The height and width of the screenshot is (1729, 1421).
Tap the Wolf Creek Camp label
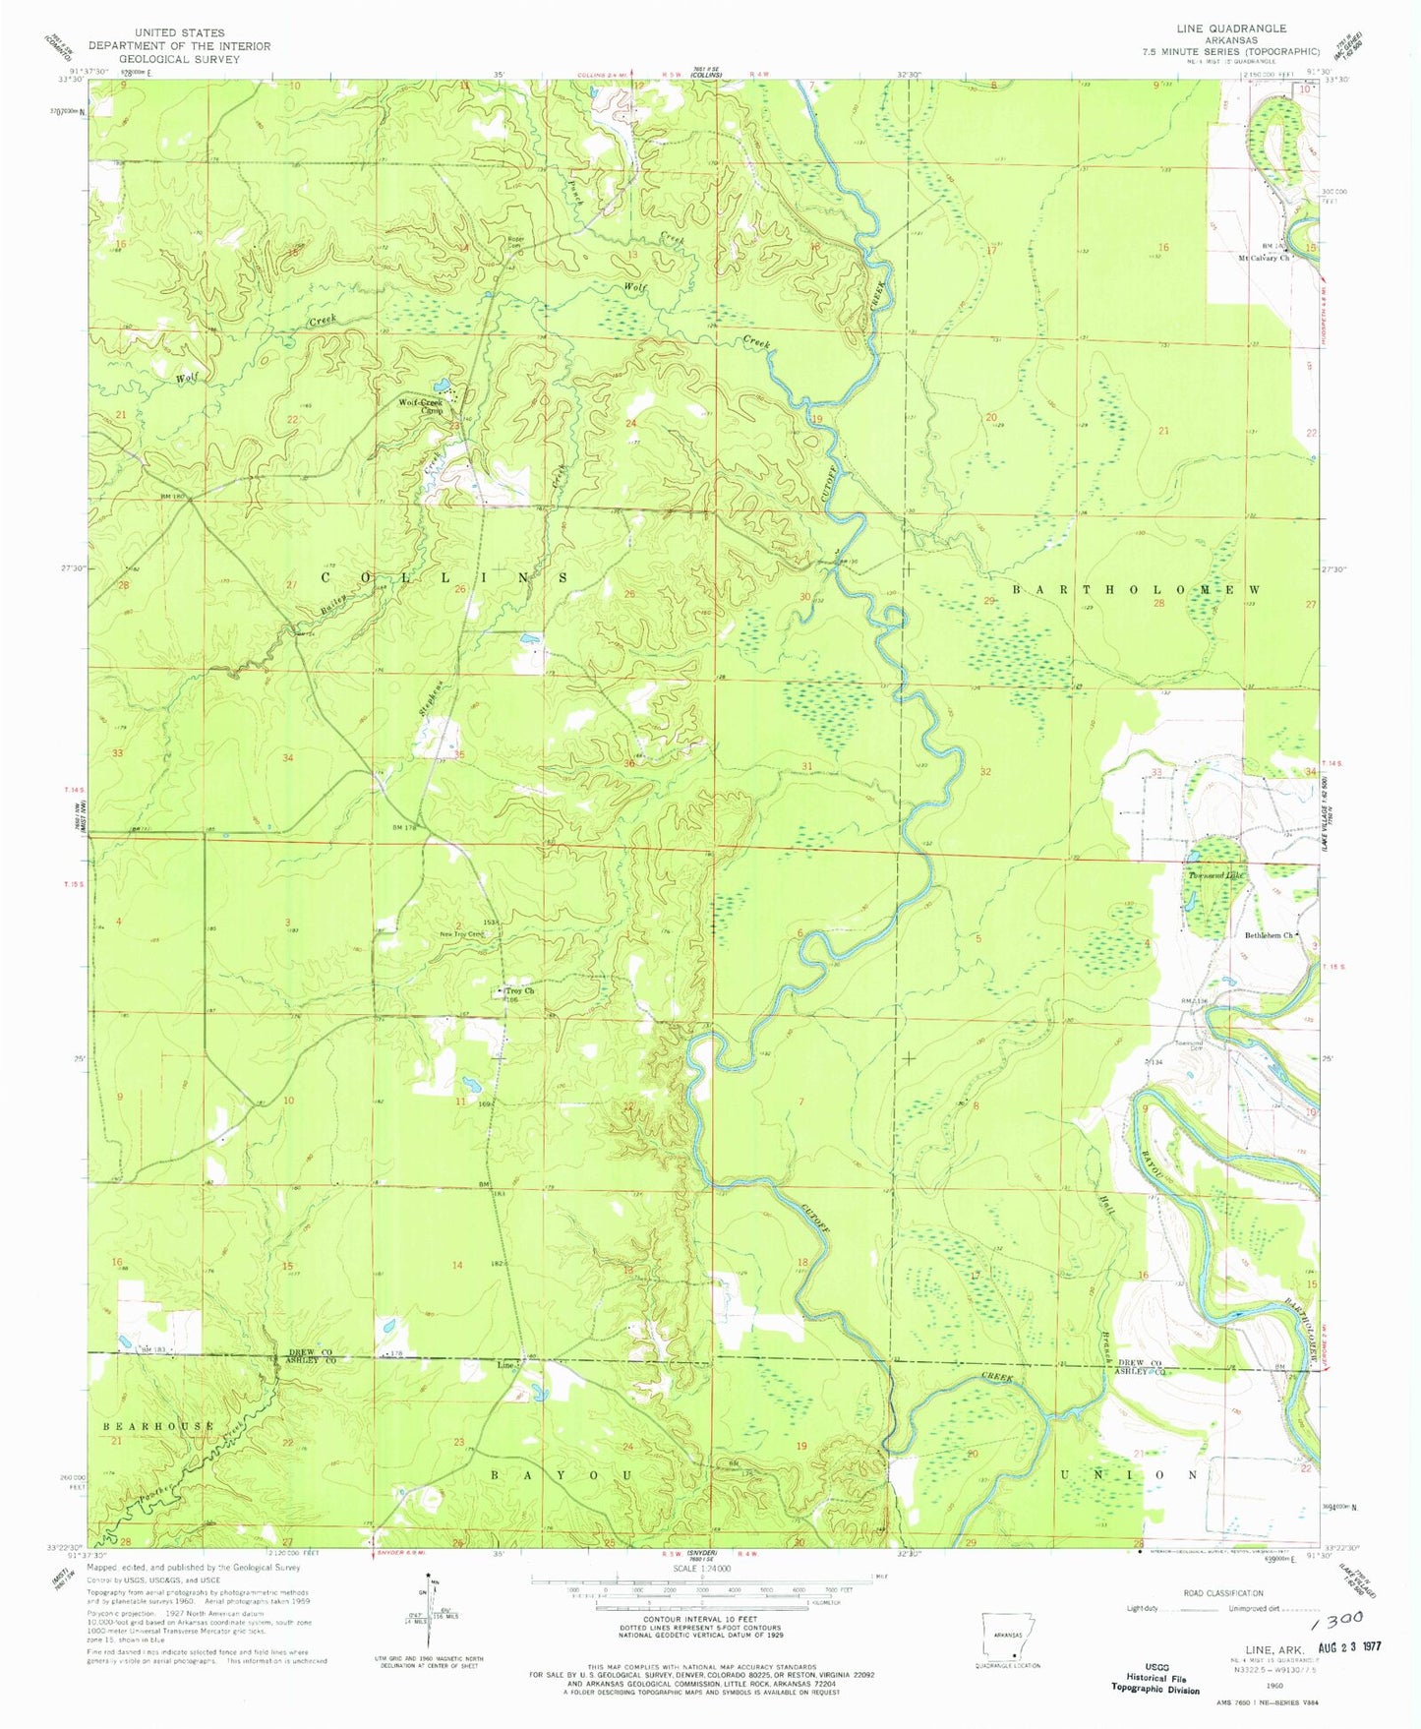(x=421, y=406)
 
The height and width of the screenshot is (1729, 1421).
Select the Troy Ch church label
(x=518, y=991)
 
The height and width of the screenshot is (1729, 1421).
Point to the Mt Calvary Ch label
(x=1262, y=258)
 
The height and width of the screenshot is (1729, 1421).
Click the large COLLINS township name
(x=445, y=577)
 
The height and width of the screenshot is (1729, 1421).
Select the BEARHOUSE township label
(x=158, y=1425)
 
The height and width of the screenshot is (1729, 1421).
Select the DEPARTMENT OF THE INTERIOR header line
(x=179, y=45)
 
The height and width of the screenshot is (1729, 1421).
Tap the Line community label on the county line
(x=506, y=1366)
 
